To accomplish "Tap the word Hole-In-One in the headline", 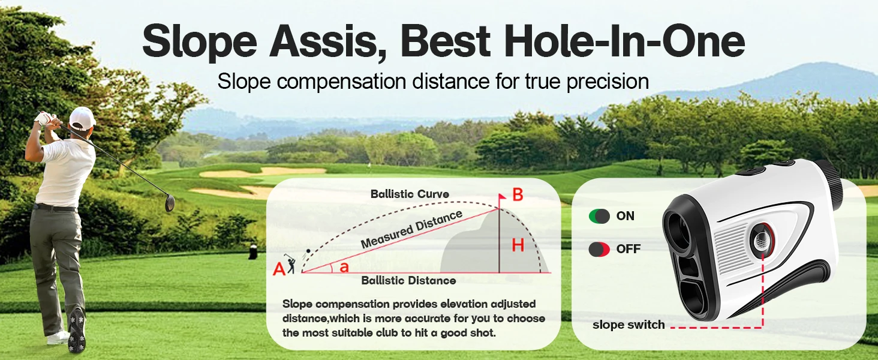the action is pyautogui.click(x=625, y=41).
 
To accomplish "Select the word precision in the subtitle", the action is pyautogui.click(x=608, y=82).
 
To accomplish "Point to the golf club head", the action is pyautogui.click(x=170, y=204).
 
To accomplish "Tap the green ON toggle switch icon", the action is pyautogui.click(x=599, y=216).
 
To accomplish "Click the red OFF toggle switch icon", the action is pyautogui.click(x=599, y=249).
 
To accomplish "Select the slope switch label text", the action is pyautogui.click(x=629, y=325).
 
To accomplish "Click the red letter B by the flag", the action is pyautogui.click(x=518, y=194).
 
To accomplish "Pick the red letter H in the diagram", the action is pyautogui.click(x=518, y=245).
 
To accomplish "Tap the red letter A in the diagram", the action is pyautogui.click(x=279, y=269).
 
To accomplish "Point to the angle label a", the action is pyautogui.click(x=344, y=268).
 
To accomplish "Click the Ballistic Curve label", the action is pyautogui.click(x=410, y=194).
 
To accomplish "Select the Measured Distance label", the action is pyautogui.click(x=411, y=229).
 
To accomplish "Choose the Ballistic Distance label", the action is pyautogui.click(x=408, y=280).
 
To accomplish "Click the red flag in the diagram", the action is pyautogui.click(x=502, y=196).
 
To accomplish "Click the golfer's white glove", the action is pyautogui.click(x=43, y=118).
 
